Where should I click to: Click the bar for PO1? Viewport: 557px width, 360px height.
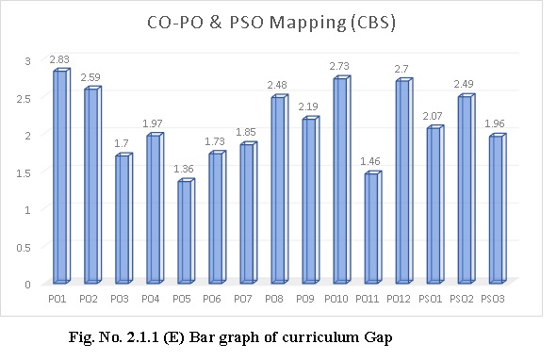(62, 176)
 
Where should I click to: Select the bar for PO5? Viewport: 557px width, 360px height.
(187, 231)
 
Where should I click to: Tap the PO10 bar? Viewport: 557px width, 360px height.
(342, 179)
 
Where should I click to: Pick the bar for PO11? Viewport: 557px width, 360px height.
(373, 227)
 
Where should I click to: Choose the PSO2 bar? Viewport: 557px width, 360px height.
(467, 188)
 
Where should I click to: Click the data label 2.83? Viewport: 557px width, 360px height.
(59, 59)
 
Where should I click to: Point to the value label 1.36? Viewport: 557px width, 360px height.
(183, 169)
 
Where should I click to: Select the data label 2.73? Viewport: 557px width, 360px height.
(339, 66)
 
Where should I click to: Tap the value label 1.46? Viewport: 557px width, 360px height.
(370, 161)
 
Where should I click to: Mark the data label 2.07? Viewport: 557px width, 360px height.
(433, 116)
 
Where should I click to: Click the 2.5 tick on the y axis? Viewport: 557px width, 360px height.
(24, 98)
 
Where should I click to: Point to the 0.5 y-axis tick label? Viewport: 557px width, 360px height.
(24, 247)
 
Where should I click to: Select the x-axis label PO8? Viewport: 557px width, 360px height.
(274, 299)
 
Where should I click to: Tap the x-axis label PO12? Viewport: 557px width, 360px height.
(399, 299)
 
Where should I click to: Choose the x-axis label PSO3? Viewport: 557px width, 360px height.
(493, 299)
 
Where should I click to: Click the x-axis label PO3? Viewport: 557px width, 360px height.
(120, 299)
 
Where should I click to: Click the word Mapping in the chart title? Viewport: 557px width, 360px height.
(307, 23)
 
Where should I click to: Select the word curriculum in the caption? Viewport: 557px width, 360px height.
(320, 336)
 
